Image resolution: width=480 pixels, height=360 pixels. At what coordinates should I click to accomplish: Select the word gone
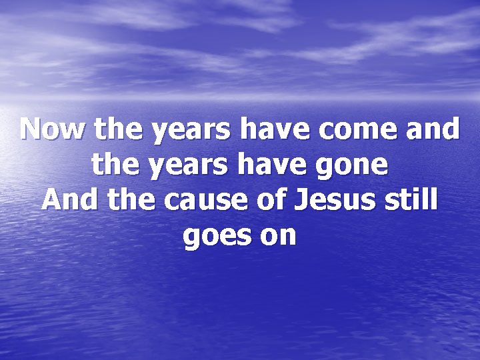(353, 166)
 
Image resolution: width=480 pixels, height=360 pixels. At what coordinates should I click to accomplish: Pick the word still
(409, 200)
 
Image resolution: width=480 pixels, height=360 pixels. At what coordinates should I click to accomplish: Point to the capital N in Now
(31, 129)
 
